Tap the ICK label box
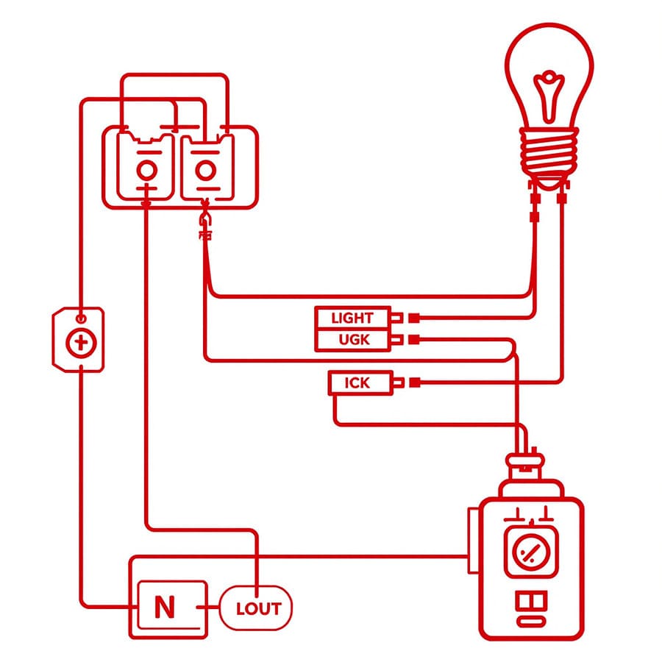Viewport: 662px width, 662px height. tap(357, 382)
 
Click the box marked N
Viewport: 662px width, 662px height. tap(166, 607)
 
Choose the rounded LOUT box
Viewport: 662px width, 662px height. tap(258, 608)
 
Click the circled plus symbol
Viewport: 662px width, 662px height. tap(77, 343)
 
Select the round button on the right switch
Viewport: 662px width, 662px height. tap(206, 171)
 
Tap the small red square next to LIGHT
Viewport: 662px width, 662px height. tap(414, 318)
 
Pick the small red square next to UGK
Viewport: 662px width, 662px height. tap(414, 340)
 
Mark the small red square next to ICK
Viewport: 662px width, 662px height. tap(414, 382)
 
